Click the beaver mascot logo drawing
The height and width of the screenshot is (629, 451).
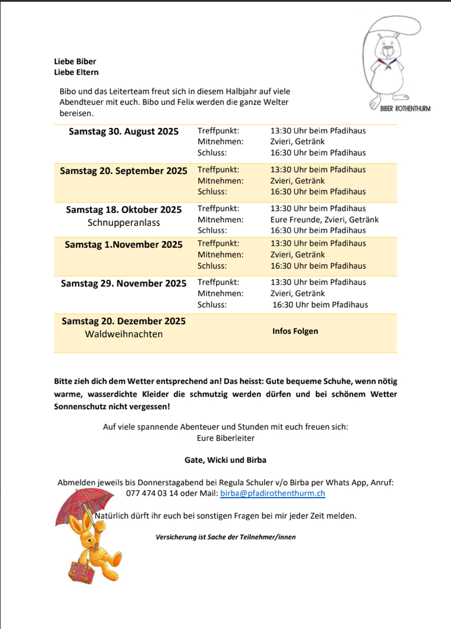[x=391, y=62]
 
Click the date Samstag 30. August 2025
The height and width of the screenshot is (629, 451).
[x=124, y=131]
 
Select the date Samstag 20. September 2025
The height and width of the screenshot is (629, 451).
[x=124, y=171]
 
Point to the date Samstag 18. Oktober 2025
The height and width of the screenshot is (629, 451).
[x=124, y=210]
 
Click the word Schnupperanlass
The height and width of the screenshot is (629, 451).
[x=124, y=223]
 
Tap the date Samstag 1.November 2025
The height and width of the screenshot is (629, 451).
[x=124, y=245]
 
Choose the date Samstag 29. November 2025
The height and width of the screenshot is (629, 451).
[x=124, y=284]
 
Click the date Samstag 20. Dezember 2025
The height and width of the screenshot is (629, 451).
[x=124, y=321]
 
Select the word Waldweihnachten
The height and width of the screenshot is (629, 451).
[x=124, y=334]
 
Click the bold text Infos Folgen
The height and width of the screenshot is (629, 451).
[x=295, y=331]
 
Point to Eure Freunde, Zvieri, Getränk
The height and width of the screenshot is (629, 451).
[x=324, y=219]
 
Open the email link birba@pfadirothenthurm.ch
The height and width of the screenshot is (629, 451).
[x=272, y=493]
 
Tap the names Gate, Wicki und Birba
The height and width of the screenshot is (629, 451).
[x=225, y=460]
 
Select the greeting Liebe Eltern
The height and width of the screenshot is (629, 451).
[x=76, y=73]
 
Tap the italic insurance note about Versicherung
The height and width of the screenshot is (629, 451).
[x=225, y=537]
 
